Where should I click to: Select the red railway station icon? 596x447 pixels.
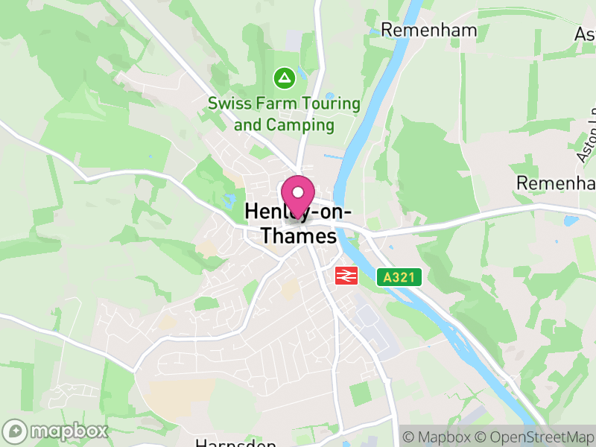point(346,276)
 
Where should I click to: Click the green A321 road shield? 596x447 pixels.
point(399,278)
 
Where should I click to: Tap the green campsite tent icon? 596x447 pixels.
point(283,77)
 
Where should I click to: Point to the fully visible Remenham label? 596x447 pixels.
point(419,29)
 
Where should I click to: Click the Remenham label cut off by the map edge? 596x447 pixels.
point(556,183)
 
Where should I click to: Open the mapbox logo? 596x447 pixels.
point(56,431)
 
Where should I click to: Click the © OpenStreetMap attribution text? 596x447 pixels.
point(535,437)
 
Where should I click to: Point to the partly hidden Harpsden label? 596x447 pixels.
point(235,443)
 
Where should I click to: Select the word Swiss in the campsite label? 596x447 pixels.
point(228,104)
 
